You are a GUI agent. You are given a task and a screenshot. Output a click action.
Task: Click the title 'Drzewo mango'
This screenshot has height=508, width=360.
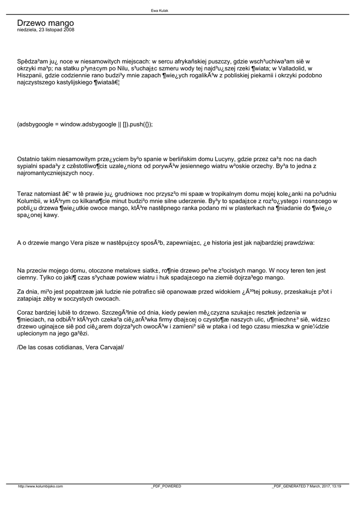pyautogui.click(x=45, y=23)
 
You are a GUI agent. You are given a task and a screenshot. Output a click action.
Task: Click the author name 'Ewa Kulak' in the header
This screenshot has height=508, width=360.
pyautogui.click(x=159, y=10)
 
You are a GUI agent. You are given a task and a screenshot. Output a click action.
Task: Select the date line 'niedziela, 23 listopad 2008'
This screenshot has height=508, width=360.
pyautogui.click(x=46, y=30)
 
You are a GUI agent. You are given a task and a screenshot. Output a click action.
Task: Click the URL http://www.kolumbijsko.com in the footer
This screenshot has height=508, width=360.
pyautogui.click(x=40, y=486)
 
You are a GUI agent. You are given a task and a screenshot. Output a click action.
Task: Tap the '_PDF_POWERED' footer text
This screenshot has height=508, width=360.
pyautogui.click(x=166, y=486)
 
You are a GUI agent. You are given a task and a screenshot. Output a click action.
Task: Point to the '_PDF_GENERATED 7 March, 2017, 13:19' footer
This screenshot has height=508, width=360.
pyautogui.click(x=306, y=486)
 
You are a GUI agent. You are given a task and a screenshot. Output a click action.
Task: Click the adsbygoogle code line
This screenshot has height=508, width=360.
pyautogui.click(x=85, y=125)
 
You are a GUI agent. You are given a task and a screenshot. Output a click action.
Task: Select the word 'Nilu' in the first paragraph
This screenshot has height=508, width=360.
pyautogui.click(x=127, y=68)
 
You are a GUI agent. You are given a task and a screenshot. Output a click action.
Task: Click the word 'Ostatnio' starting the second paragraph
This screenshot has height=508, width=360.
pyautogui.click(x=30, y=159)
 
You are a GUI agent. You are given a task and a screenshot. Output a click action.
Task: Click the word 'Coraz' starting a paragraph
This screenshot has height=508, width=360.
pyautogui.click(x=26, y=313)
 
